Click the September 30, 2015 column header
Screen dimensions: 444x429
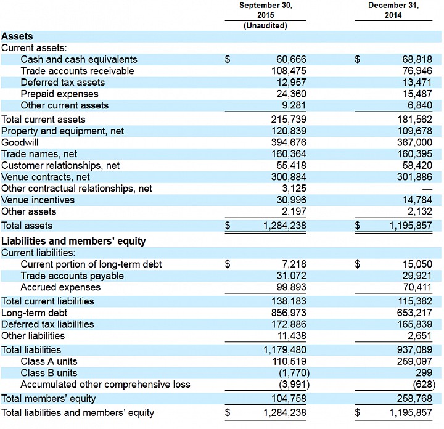[266, 10]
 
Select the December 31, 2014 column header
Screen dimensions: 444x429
[393, 10]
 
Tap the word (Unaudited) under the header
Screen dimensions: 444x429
[265, 26]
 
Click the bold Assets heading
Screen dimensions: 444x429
[17, 36]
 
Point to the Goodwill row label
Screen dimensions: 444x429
[20, 142]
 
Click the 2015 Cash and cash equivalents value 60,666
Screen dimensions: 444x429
[291, 59]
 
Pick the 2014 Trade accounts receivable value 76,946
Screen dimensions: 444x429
[417, 71]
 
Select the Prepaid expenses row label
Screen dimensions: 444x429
[59, 94]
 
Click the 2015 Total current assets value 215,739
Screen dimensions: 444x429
[289, 120]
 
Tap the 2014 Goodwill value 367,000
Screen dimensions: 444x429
[414, 142]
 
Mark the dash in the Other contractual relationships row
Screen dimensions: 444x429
[427, 189]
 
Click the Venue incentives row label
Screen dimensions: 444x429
[38, 200]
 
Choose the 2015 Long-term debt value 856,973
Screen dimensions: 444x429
[289, 313]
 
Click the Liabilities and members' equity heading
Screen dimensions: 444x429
[73, 241]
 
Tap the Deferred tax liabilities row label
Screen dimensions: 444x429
[47, 324]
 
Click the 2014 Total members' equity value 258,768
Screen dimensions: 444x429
[414, 398]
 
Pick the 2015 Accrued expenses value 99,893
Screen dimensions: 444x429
[291, 287]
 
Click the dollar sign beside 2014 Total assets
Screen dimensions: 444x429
[358, 226]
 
